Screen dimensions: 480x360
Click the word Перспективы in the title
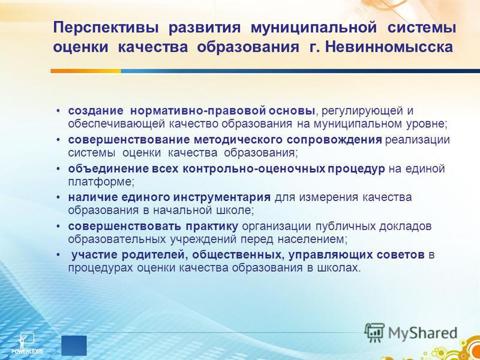(106, 28)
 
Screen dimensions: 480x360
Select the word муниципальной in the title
(313, 28)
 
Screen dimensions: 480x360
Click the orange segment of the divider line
(86, 71)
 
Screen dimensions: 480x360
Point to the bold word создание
(96, 111)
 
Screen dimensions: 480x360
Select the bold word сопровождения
(334, 140)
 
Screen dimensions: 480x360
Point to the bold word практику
(211, 227)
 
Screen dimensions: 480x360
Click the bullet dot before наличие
(58, 198)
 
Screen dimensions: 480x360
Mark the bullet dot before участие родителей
(58, 256)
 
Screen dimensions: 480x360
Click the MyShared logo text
(422, 333)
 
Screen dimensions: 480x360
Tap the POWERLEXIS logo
(27, 343)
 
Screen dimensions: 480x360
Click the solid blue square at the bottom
(74, 346)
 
